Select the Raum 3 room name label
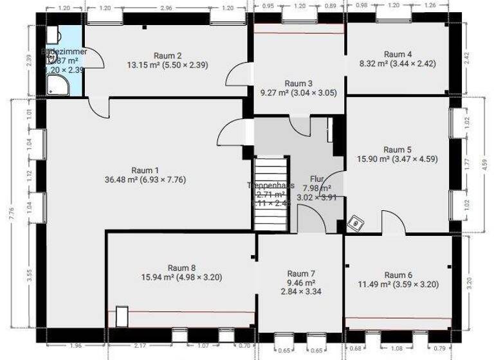(298, 83)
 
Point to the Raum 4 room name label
(398, 54)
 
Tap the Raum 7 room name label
(301, 273)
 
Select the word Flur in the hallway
(316, 179)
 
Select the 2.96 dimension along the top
(165, 8)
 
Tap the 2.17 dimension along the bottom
(140, 346)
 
